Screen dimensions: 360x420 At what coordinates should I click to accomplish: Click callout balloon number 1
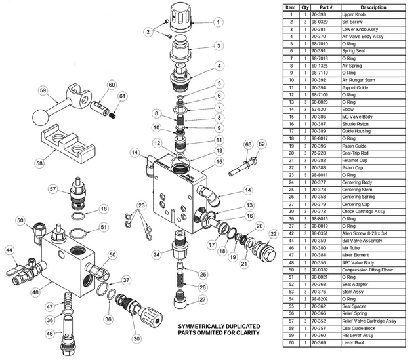[217, 21]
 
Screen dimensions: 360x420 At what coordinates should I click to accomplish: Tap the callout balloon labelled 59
[43, 90]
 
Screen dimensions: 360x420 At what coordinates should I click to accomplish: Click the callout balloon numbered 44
[9, 250]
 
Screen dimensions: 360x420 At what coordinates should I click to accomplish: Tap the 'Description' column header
[373, 7]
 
